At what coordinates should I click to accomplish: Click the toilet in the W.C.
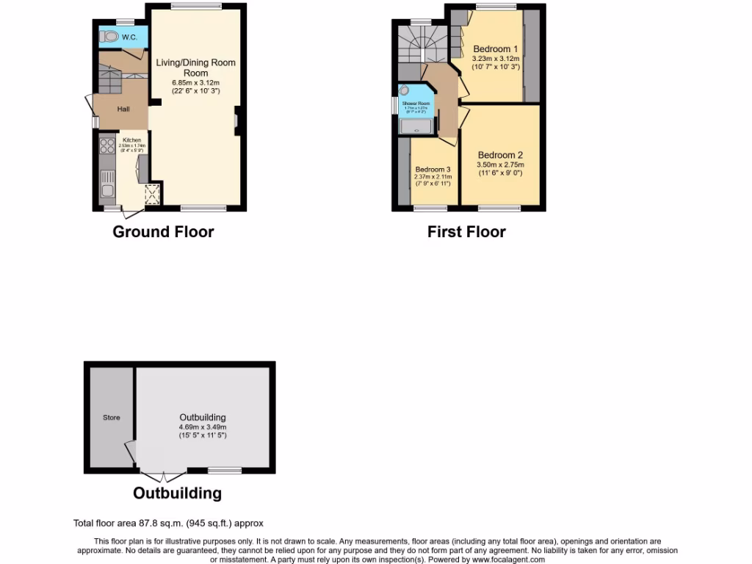(109, 36)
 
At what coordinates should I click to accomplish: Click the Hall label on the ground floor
(123, 109)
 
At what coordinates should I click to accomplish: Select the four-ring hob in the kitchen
(106, 146)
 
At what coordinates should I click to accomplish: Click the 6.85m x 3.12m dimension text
(195, 82)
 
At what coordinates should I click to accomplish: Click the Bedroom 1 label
(496, 49)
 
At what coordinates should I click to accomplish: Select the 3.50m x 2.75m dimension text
(501, 165)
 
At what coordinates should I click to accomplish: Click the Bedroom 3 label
(433, 168)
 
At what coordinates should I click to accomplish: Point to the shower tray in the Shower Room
(416, 128)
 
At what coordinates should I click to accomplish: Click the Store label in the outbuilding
(111, 418)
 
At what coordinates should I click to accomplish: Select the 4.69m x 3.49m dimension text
(203, 427)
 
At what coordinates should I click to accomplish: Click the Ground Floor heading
(163, 232)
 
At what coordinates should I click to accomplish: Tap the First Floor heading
(466, 232)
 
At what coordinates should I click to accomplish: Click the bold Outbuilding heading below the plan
(177, 493)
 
